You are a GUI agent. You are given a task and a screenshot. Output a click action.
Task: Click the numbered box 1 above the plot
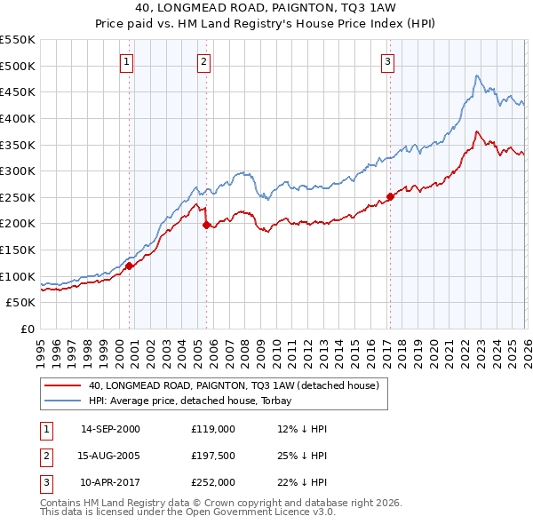128,61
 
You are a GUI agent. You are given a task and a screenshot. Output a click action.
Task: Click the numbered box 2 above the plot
204,61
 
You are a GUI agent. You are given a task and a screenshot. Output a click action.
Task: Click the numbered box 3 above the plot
388,61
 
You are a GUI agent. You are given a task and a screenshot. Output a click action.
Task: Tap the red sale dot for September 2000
129,265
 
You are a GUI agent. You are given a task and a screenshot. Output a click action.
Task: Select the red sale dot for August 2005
206,225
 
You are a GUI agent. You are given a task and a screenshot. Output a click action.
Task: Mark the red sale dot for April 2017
390,196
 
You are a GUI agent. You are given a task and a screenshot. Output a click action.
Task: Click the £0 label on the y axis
27,329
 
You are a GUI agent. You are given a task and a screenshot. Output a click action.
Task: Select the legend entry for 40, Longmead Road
234,385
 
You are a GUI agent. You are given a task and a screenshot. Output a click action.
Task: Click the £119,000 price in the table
212,428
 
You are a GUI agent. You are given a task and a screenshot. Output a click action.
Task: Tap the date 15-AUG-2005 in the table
110,455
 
